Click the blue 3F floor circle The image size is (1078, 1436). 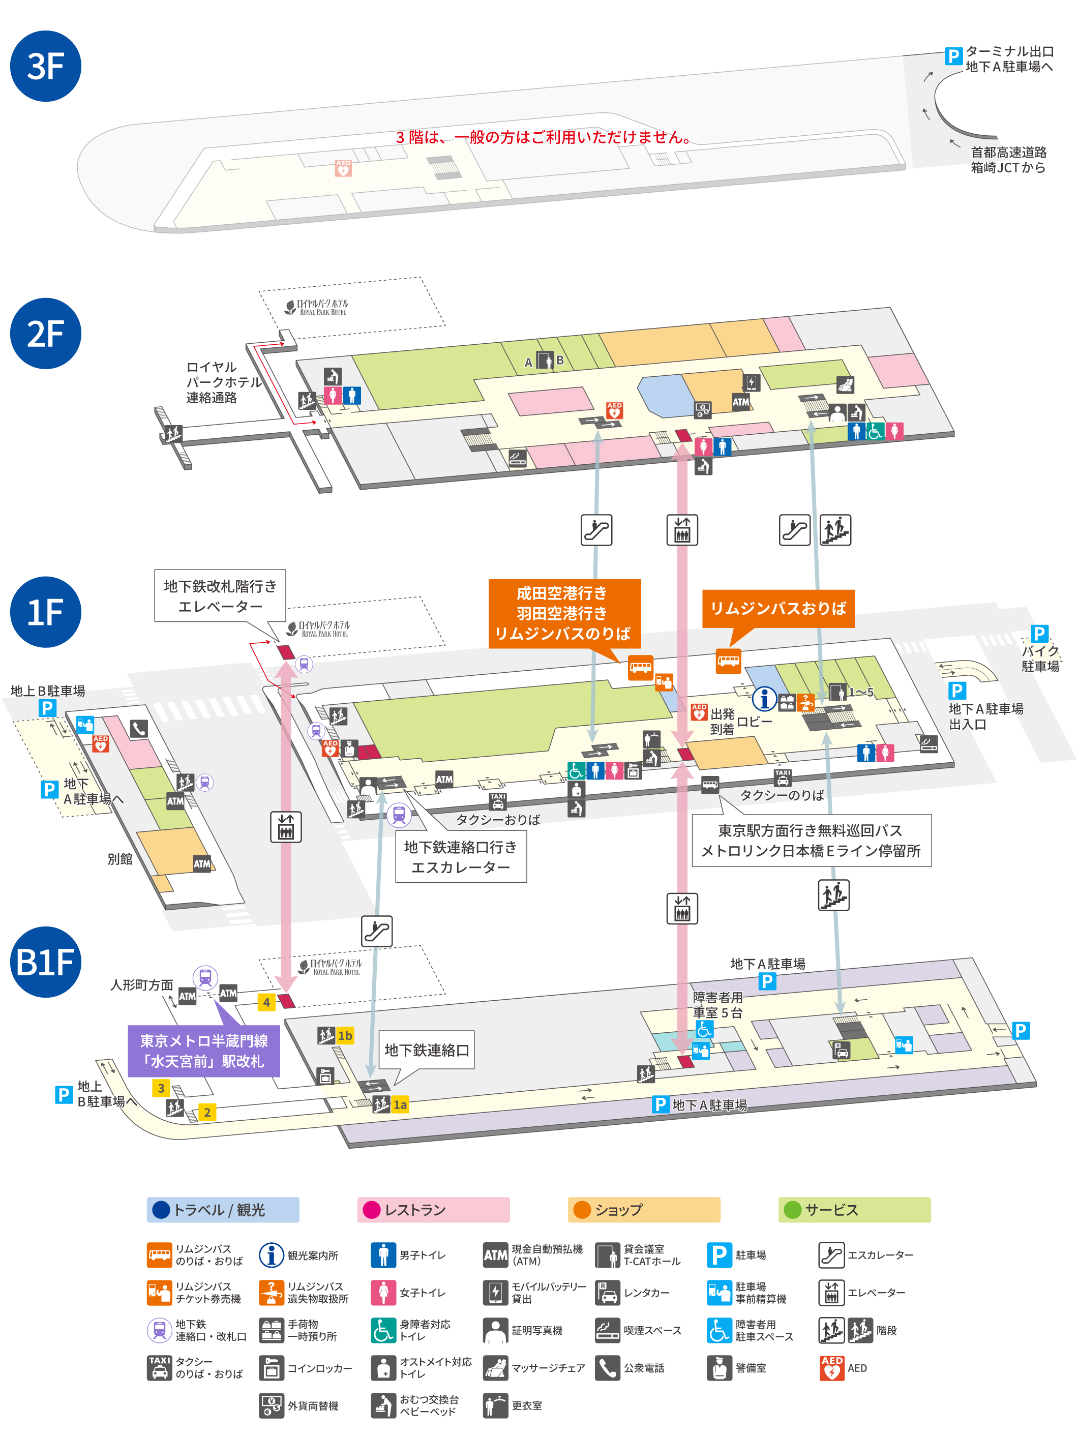coord(45,66)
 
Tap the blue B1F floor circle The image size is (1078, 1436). coord(45,962)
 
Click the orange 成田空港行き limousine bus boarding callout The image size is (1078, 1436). coord(564,613)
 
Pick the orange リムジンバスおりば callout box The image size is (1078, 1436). coord(778,608)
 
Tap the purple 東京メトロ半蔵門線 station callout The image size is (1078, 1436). coord(204,1051)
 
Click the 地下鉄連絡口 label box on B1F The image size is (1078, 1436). coord(427,1050)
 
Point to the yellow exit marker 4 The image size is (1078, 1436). coord(266,1002)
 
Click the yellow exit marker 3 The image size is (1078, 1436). coord(161,1088)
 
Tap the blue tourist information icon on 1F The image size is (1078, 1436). coord(765,699)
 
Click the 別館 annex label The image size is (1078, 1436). coord(120,859)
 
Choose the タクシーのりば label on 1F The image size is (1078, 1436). coord(782,795)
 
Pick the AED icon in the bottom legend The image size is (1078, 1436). coord(831,1368)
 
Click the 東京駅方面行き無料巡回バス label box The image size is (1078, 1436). coord(811,841)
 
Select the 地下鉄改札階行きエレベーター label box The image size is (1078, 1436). coord(220,596)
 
